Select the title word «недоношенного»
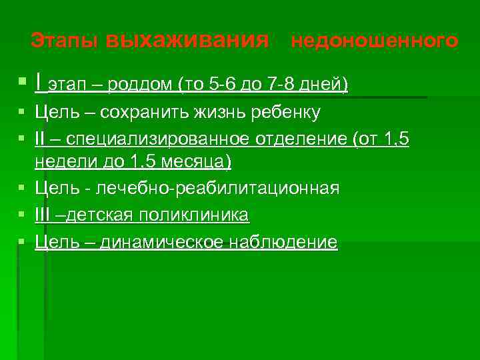click(x=375, y=41)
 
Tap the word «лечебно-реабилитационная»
click(x=218, y=189)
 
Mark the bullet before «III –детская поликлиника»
click(x=23, y=215)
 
